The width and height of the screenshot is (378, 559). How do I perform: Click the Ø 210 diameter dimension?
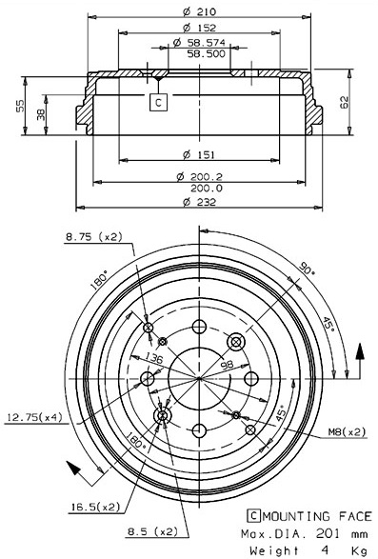(x=199, y=11)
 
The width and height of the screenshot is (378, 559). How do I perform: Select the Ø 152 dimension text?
(x=199, y=28)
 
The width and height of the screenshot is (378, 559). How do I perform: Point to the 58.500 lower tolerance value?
(x=207, y=54)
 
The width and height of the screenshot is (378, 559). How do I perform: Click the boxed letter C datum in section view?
(x=158, y=103)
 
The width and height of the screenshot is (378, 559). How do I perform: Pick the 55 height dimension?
(x=20, y=106)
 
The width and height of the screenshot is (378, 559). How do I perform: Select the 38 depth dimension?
(x=41, y=115)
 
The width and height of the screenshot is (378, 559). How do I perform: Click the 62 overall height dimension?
(x=344, y=102)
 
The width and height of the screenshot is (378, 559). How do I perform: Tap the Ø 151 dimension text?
(x=199, y=154)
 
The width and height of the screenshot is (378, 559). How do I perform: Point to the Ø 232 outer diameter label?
(x=199, y=202)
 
